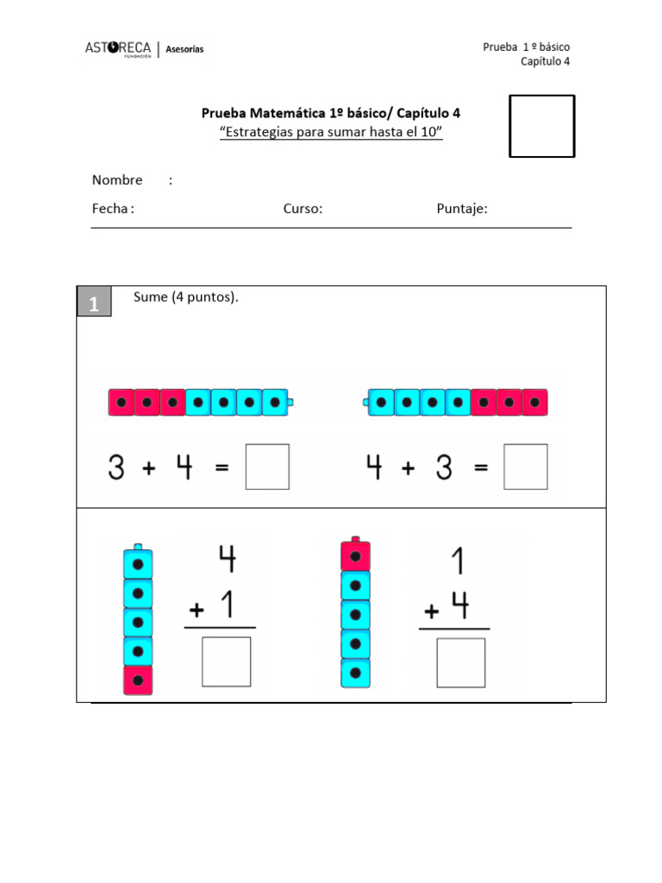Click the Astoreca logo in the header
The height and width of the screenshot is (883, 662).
119,49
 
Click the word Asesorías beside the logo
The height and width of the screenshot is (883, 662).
184,50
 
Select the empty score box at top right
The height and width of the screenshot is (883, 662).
541,126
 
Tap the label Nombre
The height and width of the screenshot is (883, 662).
117,180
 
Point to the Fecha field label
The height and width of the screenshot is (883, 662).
112,209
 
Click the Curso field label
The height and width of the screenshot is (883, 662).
303,209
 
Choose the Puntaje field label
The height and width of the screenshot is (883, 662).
462,209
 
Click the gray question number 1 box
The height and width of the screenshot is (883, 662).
94,303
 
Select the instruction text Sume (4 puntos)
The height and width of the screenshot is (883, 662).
185,297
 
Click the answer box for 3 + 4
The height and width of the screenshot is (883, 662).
267,467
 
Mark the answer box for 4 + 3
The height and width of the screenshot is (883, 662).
526,467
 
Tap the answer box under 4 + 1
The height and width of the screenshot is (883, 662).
227,661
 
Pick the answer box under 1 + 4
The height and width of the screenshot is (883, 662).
461,662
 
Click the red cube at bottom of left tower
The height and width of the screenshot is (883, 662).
138,679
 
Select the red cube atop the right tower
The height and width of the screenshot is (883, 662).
356,556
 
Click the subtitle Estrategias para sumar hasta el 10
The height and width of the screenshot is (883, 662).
331,132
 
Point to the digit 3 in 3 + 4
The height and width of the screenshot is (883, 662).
116,467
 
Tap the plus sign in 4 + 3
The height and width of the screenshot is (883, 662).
408,467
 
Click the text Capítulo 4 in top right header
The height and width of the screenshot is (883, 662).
545,61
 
